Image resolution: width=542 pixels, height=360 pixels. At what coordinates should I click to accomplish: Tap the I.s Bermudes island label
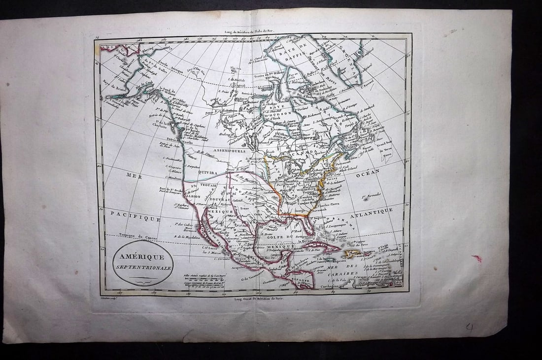point(373,196)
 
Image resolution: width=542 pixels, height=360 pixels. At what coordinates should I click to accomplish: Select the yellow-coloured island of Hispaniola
point(354,254)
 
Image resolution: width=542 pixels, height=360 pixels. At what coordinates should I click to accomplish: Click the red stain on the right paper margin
point(477,258)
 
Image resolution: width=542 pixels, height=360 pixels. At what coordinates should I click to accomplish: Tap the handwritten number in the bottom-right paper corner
point(471,327)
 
